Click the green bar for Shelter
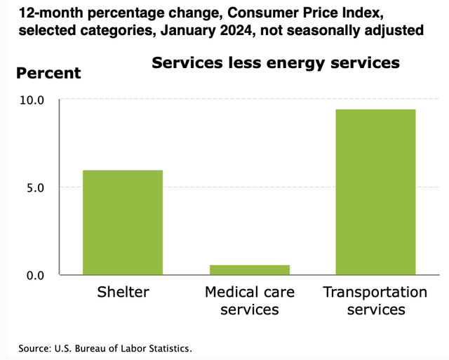(123, 222)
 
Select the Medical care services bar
(250, 269)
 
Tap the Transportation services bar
(375, 192)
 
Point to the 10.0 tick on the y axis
(31, 100)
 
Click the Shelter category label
(123, 292)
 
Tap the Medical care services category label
(250, 300)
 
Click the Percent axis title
(48, 73)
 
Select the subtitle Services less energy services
(276, 63)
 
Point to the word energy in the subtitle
(291, 63)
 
